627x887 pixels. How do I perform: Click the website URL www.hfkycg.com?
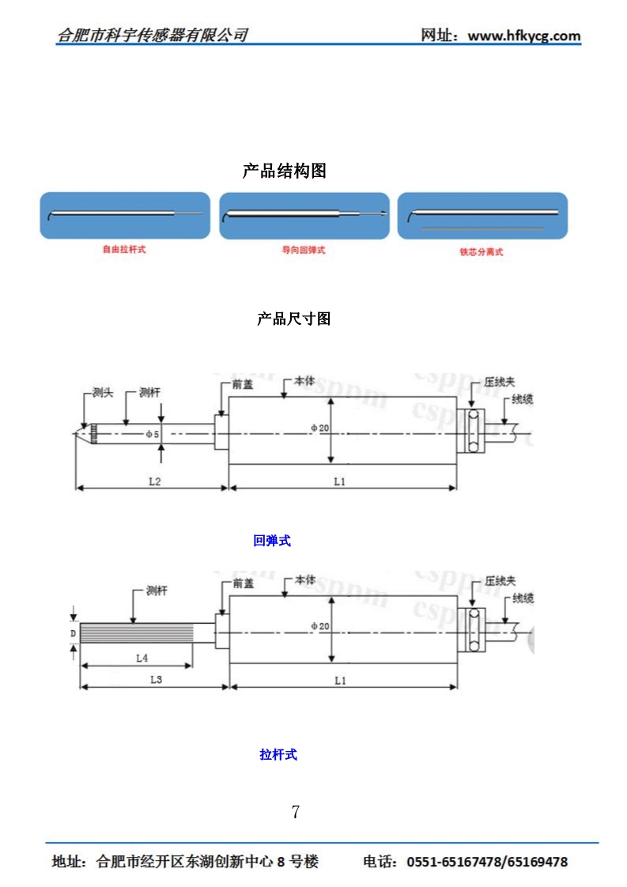tap(524, 36)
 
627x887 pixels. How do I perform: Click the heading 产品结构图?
tap(284, 171)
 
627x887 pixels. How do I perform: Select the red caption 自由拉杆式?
tap(125, 249)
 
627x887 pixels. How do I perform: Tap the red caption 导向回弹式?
tap(304, 250)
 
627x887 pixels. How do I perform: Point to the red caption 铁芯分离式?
tap(482, 252)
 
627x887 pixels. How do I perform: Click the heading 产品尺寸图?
tap(293, 319)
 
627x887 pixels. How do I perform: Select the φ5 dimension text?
tap(153, 434)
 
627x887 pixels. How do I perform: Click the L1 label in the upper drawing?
tap(339, 481)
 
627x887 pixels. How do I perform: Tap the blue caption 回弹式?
tap(272, 542)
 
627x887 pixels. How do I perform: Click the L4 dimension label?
tap(142, 657)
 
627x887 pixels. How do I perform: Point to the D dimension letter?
tap(72, 633)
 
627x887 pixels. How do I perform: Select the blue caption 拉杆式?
tap(278, 755)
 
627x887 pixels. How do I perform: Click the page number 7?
tap(296, 812)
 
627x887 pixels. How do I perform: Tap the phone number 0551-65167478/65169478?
tap(487, 862)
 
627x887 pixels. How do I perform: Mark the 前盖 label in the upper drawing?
tap(243, 385)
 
